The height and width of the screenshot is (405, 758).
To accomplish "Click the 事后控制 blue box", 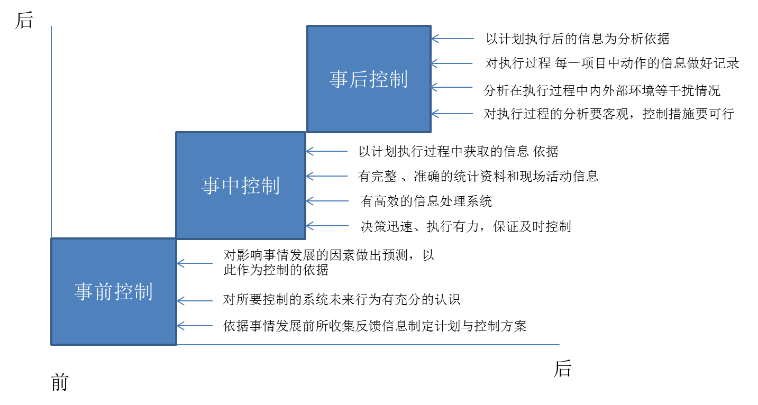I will click(x=369, y=79).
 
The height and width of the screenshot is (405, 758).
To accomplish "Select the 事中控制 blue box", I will click(x=241, y=186).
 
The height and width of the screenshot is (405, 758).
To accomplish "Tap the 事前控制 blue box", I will click(x=113, y=291).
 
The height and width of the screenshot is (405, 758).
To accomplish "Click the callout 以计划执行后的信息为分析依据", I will click(x=584, y=39).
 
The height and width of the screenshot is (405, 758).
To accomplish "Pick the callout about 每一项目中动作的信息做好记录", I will click(x=610, y=63).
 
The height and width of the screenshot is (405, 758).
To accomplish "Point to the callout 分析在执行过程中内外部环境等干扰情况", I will click(x=608, y=90).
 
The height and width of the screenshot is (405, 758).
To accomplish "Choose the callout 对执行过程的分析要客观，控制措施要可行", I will click(x=608, y=114).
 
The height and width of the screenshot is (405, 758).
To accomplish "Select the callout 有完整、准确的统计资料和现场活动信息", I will click(x=483, y=176).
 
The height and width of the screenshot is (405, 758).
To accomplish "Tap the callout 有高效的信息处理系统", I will click(x=487, y=201).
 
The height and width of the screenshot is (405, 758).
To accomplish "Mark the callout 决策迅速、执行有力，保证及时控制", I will click(x=494, y=226).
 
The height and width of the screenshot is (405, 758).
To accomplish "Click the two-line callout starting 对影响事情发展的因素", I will click(x=332, y=262).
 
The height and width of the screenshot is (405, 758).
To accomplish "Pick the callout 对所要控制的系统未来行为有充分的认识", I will click(x=344, y=300).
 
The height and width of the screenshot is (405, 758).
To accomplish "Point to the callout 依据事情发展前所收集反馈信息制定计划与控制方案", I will click(x=381, y=326).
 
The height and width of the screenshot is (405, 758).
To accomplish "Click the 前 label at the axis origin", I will click(x=60, y=382).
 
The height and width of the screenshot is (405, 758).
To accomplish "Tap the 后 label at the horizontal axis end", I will click(x=562, y=368).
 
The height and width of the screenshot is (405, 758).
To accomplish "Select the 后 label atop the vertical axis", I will click(x=24, y=20).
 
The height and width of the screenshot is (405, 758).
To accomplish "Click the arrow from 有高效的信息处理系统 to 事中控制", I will click(x=328, y=201).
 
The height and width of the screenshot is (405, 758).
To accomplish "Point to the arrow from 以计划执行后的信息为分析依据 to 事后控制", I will click(x=453, y=39).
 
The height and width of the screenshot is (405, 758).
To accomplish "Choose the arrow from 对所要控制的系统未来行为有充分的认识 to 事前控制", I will click(x=195, y=301).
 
